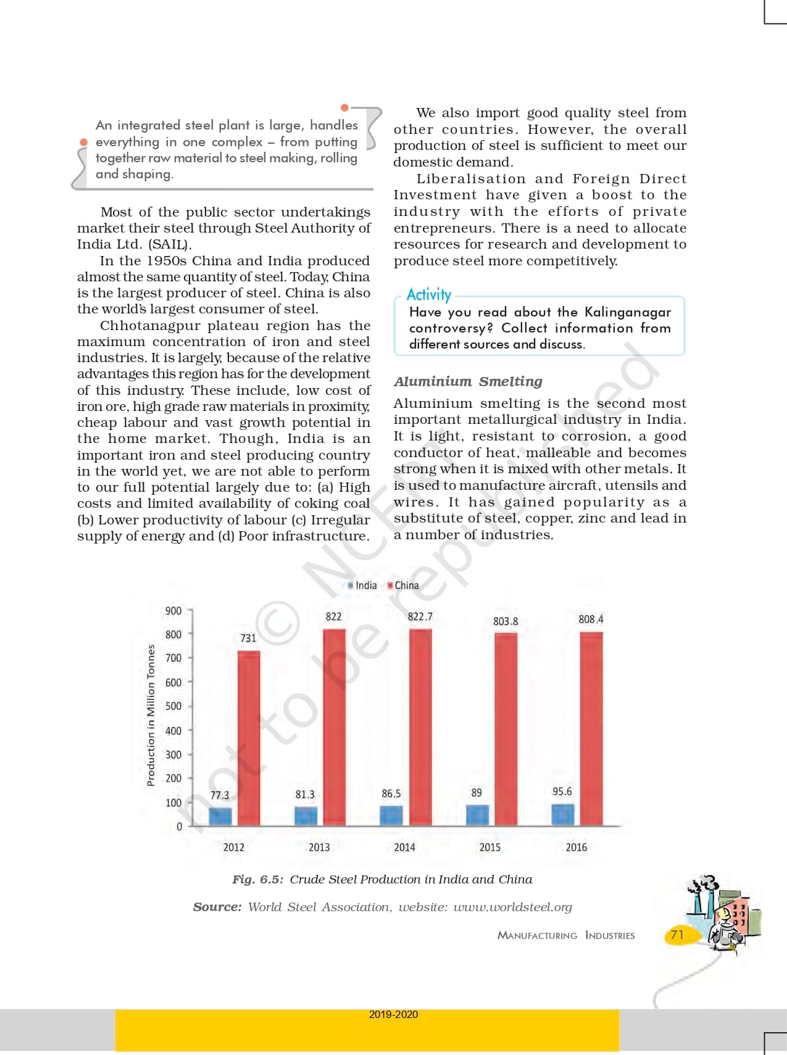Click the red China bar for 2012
coord(249,738)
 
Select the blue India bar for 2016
coord(562,814)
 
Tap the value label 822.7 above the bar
coord(420,616)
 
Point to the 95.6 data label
coord(562,791)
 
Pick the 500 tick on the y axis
coord(173,706)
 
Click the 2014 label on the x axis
coord(404,847)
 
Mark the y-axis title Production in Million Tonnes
coord(151,715)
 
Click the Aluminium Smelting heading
coord(468,381)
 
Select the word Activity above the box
coord(428,294)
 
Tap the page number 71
coord(677,935)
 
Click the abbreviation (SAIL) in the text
coord(170,244)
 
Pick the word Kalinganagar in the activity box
coord(627,312)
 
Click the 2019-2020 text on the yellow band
coord(393,1014)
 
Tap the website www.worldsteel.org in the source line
coord(512,907)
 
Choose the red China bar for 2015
coord(506,729)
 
